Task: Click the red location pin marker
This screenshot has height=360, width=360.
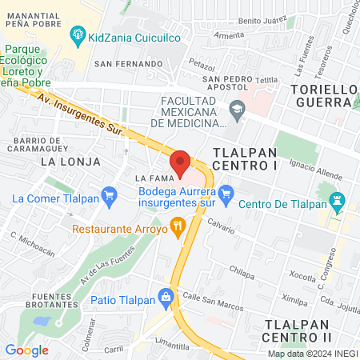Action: (x=181, y=162)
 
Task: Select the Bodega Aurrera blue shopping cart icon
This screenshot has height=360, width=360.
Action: (x=226, y=192)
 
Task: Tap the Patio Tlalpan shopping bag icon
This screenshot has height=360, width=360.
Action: (x=166, y=297)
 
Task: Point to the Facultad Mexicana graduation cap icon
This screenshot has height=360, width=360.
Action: (x=235, y=108)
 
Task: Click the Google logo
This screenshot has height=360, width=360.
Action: (x=26, y=350)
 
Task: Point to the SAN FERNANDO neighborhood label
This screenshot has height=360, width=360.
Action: (x=123, y=62)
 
